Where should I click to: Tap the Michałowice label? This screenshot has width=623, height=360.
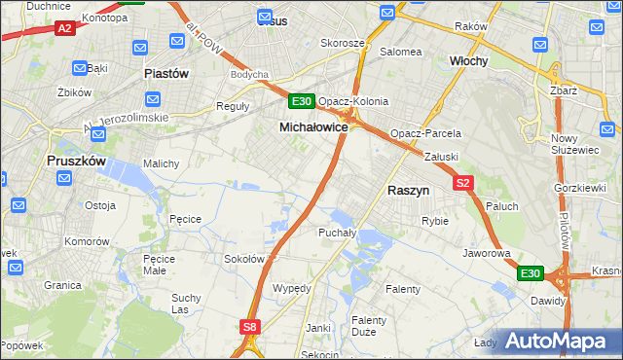(313, 127)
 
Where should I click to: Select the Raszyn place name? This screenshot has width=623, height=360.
(408, 192)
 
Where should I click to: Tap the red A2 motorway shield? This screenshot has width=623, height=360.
(65, 28)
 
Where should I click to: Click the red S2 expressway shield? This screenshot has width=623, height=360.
(463, 182)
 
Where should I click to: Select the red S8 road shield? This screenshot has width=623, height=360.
(251, 328)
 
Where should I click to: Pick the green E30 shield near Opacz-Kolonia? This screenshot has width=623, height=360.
(301, 101)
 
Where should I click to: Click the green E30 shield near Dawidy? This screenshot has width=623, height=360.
(530, 274)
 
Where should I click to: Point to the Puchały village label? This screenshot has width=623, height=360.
(337, 233)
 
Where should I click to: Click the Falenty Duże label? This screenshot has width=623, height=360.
(369, 326)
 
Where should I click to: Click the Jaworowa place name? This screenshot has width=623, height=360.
(488, 253)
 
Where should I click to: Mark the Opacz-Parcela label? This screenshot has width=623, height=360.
(425, 133)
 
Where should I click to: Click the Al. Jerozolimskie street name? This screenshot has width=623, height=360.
(127, 122)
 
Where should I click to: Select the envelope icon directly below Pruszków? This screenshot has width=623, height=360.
(64, 178)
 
